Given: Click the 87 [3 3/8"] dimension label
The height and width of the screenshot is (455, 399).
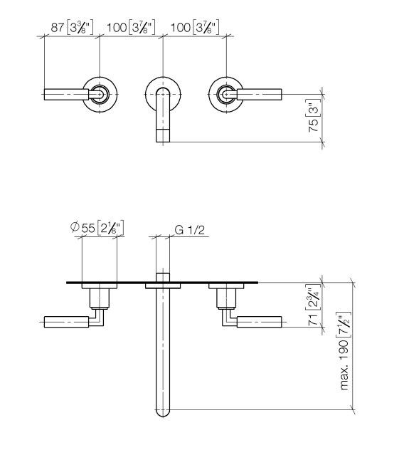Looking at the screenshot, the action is click(72, 28).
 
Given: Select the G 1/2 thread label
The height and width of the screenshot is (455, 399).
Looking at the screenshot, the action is click(190, 230).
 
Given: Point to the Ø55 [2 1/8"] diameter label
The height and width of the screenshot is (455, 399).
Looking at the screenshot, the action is click(97, 227).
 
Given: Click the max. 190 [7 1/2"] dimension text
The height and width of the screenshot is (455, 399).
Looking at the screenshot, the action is click(344, 351).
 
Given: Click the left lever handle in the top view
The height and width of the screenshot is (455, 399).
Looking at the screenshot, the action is click(73, 95).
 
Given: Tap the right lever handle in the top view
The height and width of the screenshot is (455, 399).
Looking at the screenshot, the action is click(252, 95).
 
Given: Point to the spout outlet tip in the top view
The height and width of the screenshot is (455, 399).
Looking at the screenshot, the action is click(163, 135).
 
